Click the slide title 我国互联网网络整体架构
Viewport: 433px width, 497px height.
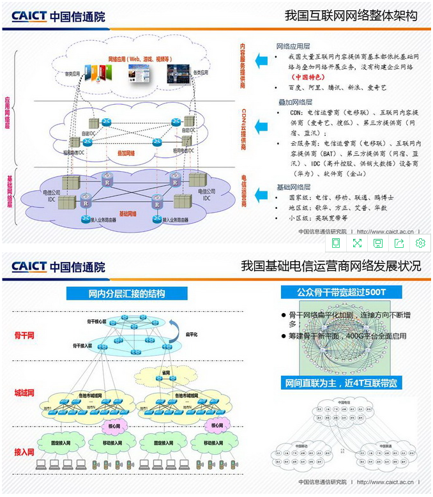[351, 15]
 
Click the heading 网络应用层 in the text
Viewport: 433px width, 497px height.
[294, 47]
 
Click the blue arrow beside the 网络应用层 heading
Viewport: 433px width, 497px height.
[261, 61]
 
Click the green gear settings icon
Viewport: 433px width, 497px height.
[420, 243]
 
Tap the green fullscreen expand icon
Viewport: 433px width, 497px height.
[357, 243]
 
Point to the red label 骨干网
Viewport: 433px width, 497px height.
[24, 334]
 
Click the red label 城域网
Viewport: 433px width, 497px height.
[24, 392]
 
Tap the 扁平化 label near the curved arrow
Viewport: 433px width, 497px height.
[192, 334]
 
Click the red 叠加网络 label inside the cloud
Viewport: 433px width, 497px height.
[126, 153]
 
